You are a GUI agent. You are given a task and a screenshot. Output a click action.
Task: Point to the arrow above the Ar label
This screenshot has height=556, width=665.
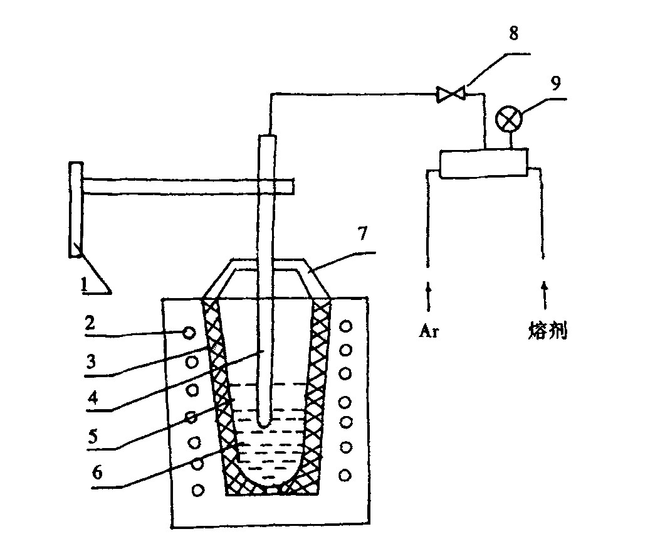click(429, 295)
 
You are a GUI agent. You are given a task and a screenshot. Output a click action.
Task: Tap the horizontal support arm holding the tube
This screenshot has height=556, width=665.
click(188, 186)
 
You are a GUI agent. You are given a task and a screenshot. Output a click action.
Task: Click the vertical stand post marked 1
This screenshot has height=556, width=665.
click(76, 209)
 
